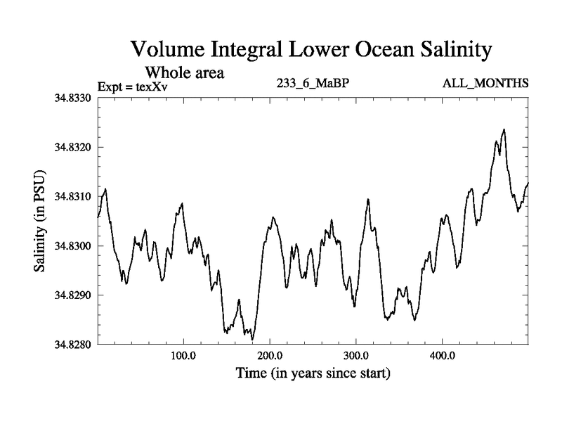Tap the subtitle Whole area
click(x=184, y=73)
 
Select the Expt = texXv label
click(x=133, y=87)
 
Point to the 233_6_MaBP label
click(x=314, y=84)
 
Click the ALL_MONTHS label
click(x=485, y=84)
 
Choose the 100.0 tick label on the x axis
click(x=183, y=354)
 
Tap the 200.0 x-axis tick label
click(x=270, y=354)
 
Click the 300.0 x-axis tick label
click(x=356, y=354)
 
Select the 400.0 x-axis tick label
click(x=443, y=354)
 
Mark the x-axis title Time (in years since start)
click(x=313, y=373)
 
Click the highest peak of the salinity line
click(x=504, y=129)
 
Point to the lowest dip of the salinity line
click(x=252, y=339)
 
